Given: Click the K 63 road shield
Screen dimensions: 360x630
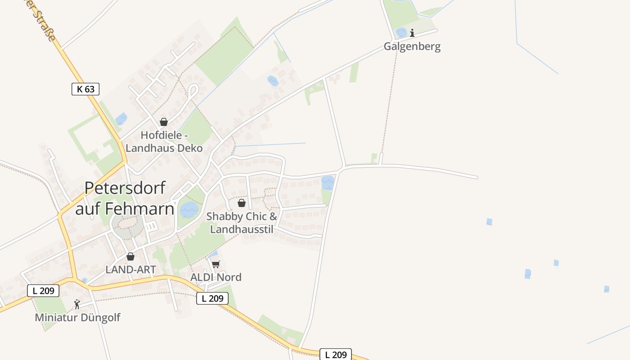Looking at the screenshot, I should [x=85, y=89].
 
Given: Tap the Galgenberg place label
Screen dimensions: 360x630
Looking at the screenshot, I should [x=412, y=46].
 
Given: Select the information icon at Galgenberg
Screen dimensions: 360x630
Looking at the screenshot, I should [x=412, y=33].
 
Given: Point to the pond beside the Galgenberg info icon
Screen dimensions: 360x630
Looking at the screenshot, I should [x=401, y=32].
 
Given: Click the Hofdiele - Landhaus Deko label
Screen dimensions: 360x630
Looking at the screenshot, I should [x=164, y=141].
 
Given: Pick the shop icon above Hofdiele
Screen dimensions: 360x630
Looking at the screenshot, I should [x=164, y=122].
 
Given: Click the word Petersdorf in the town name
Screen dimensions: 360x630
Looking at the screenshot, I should [x=125, y=188].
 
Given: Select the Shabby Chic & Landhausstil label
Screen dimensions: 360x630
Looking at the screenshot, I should [x=242, y=223].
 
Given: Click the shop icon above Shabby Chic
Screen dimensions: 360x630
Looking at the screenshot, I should [x=242, y=203].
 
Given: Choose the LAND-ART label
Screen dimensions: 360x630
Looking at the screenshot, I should [x=130, y=270].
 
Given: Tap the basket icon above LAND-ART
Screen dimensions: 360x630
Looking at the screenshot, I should [x=130, y=256].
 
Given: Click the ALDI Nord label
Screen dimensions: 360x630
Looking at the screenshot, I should [x=216, y=277].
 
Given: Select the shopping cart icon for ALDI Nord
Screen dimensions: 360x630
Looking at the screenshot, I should [x=216, y=264].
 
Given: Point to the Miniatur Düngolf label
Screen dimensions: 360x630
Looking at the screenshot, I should [x=77, y=317].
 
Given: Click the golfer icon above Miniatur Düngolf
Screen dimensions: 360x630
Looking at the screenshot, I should [x=77, y=304].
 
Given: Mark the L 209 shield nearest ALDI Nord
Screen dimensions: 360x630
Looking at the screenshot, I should [x=212, y=298].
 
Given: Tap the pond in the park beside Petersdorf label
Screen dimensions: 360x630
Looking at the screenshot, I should [x=189, y=209].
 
